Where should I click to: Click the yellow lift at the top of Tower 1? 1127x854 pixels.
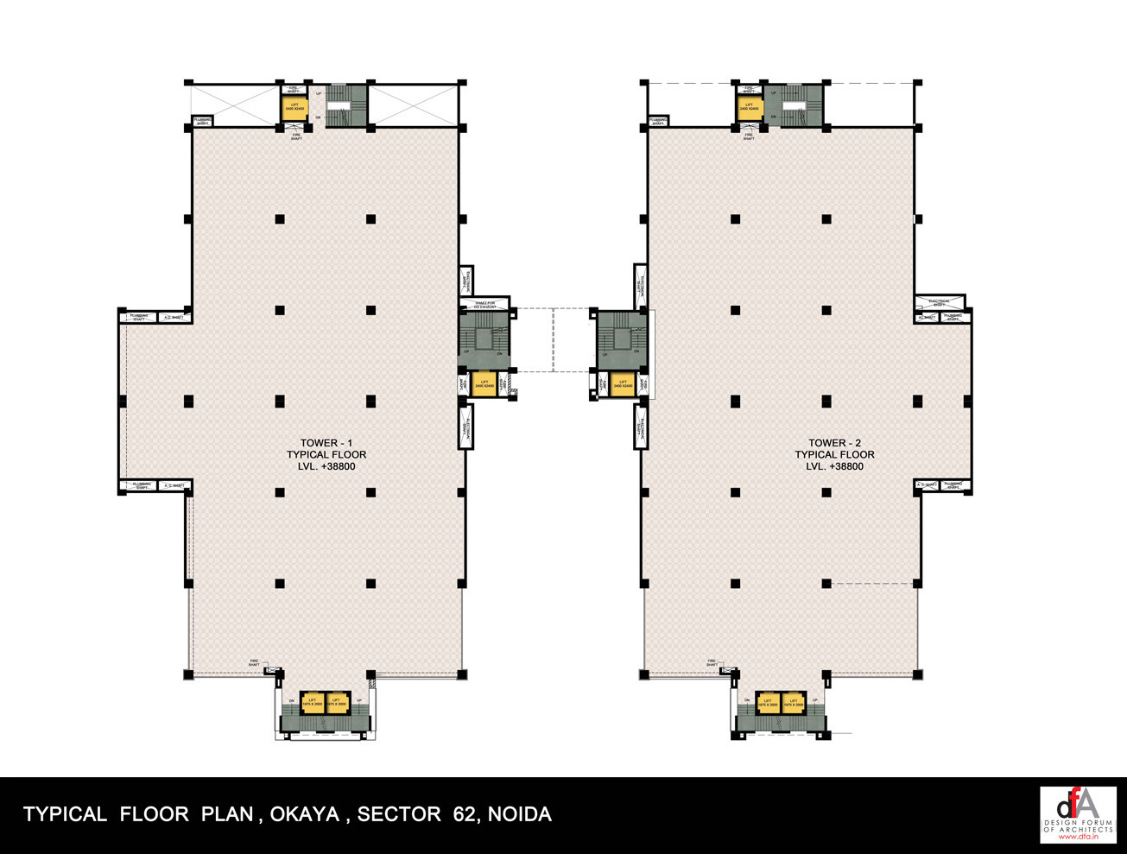pyautogui.click(x=293, y=108)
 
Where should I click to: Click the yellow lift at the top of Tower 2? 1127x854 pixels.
pyautogui.click(x=749, y=109)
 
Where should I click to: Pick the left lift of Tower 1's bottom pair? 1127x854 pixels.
pyautogui.click(x=313, y=704)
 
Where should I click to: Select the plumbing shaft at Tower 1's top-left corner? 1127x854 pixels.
pyautogui.click(x=202, y=122)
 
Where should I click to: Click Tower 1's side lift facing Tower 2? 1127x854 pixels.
pyautogui.click(x=484, y=383)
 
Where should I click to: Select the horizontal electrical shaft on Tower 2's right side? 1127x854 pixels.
pyautogui.click(x=940, y=301)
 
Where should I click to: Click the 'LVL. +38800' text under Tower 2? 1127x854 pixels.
pyautogui.click(x=834, y=466)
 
